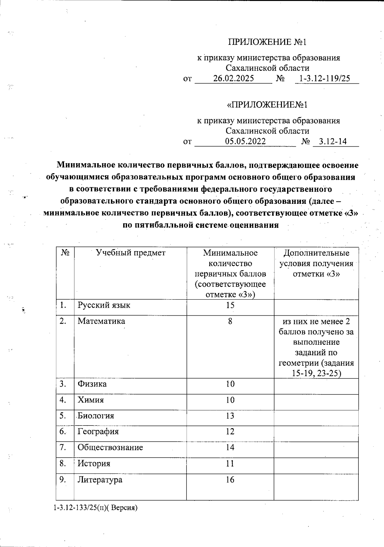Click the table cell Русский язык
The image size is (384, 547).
click(104, 305)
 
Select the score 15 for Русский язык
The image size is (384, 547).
click(230, 305)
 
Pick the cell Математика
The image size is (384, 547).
click(101, 321)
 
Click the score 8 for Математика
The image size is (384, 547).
click(230, 321)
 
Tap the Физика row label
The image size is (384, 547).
click(92, 384)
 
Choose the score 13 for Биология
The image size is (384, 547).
click(230, 416)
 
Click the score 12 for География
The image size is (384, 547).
click(230, 432)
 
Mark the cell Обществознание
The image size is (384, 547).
click(110, 447)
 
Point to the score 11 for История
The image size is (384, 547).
click(230, 463)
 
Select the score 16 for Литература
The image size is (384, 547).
click(230, 480)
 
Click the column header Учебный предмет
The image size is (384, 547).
click(131, 253)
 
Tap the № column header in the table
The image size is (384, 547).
click(65, 253)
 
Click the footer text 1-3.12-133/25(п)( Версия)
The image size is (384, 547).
click(95, 508)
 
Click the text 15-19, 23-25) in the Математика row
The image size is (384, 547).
click(316, 373)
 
